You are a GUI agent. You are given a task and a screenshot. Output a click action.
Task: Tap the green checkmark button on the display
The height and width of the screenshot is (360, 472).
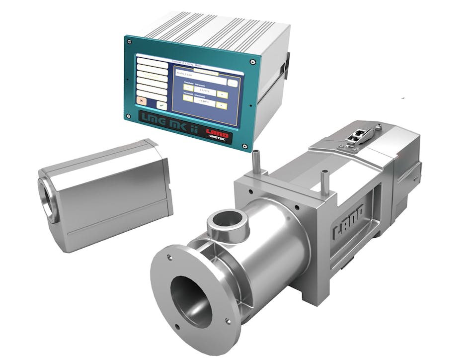161,104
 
